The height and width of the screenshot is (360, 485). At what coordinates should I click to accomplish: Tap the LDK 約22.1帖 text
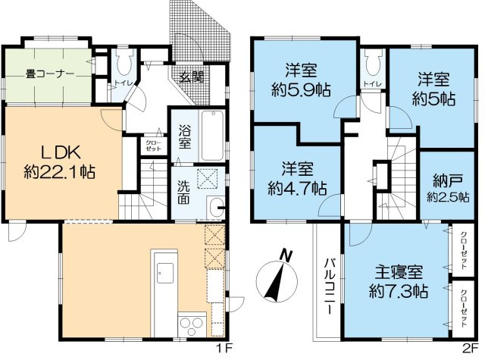click(58, 160)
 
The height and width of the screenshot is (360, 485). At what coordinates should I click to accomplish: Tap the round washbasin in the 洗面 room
click(215, 203)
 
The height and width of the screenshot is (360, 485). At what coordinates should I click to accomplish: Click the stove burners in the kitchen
click(189, 326)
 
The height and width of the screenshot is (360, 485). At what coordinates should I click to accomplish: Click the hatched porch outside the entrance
click(205, 30)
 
